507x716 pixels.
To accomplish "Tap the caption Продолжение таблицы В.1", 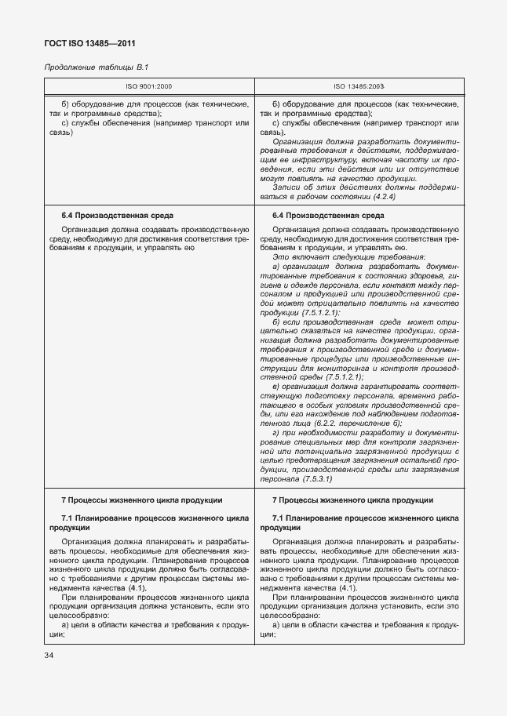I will coord(93,67).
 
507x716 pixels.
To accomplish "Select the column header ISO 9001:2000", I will coord(149,87).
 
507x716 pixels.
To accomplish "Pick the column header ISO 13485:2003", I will coord(359,87).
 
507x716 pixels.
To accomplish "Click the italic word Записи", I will coord(289,187).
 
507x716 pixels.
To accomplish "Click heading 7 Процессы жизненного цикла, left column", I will coord(141,500).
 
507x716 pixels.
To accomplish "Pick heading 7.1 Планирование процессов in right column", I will coord(365,519).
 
